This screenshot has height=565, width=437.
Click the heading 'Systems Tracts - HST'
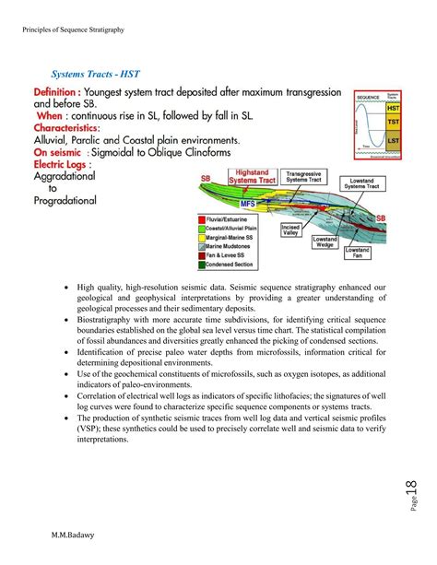(x=99, y=73)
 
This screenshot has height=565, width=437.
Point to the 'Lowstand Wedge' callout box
(x=325, y=242)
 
